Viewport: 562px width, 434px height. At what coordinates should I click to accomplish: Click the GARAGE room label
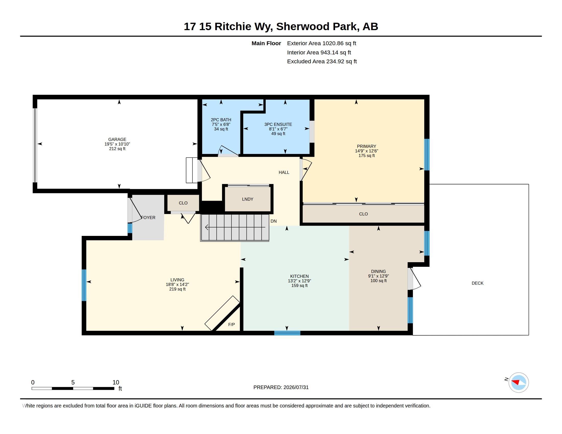(x=117, y=139)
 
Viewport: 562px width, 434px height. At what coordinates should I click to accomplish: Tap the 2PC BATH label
(x=221, y=120)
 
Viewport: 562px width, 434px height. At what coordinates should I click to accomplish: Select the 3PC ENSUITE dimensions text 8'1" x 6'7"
(x=278, y=129)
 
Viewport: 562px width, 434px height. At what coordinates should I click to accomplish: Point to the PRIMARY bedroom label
(x=366, y=146)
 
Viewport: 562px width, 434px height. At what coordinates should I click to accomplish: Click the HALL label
(x=284, y=173)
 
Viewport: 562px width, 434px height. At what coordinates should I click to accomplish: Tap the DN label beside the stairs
(x=274, y=221)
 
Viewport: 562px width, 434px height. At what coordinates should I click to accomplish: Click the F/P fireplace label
(x=231, y=324)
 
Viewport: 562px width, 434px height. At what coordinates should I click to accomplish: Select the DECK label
(x=477, y=283)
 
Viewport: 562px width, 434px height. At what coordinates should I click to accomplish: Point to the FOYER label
(x=148, y=218)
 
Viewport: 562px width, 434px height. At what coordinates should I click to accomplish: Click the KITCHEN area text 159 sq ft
(x=299, y=286)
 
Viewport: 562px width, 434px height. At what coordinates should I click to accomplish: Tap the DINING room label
(x=378, y=272)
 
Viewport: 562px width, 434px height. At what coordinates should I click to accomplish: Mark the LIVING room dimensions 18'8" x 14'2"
(x=177, y=285)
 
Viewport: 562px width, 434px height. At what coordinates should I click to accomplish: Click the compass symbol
(x=519, y=382)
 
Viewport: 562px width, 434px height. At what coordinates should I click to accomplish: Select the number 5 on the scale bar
(x=73, y=382)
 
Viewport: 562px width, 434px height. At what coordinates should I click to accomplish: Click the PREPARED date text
(x=281, y=388)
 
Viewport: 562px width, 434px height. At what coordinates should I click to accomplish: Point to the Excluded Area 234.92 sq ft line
(x=322, y=62)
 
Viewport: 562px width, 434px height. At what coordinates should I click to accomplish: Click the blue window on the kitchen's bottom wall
(x=287, y=333)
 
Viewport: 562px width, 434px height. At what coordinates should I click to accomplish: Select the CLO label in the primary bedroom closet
(x=363, y=214)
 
